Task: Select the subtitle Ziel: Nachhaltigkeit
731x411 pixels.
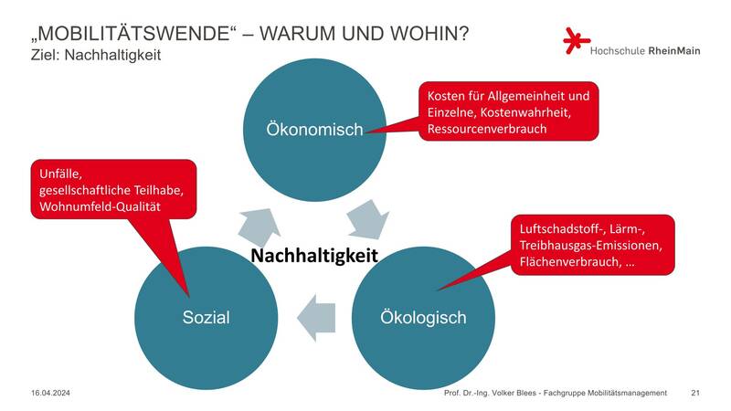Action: [x=96, y=55]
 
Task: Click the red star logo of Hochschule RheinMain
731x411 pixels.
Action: [x=577, y=41]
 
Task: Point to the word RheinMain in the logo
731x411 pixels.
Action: [x=674, y=51]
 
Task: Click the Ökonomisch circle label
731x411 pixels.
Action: [x=314, y=130]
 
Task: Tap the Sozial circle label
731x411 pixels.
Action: [x=207, y=317]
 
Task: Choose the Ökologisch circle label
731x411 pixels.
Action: [x=423, y=317]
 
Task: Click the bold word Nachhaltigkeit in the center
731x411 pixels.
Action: [x=314, y=256]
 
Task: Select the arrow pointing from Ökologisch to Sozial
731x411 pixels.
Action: [x=316, y=318]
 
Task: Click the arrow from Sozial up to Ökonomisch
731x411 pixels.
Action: [x=260, y=227]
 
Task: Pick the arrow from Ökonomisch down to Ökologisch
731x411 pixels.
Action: [x=368, y=219]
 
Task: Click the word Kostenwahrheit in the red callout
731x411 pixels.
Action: [x=524, y=112]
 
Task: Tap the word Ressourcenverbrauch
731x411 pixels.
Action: [x=487, y=129]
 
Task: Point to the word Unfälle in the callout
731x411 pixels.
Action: [x=60, y=174]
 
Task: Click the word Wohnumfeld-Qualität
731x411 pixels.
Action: [x=100, y=206]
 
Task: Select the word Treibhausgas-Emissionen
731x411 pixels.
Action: [x=590, y=246]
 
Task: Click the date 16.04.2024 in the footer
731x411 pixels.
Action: [x=50, y=393]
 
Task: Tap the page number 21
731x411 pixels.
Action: [x=695, y=393]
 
